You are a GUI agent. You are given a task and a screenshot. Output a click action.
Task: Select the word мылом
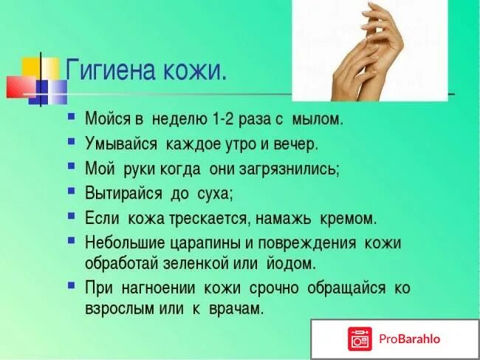pyautogui.click(x=318, y=118)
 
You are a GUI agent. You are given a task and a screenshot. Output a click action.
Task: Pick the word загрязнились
pyautogui.click(x=293, y=169)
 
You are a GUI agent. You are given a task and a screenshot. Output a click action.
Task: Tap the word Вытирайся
pyautogui.click(x=122, y=194)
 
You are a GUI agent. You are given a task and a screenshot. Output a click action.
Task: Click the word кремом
pyautogui.click(x=348, y=219)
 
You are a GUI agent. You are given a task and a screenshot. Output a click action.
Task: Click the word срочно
pyautogui.click(x=275, y=288)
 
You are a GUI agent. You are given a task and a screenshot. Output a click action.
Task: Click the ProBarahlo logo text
pyautogui.click(x=410, y=339)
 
